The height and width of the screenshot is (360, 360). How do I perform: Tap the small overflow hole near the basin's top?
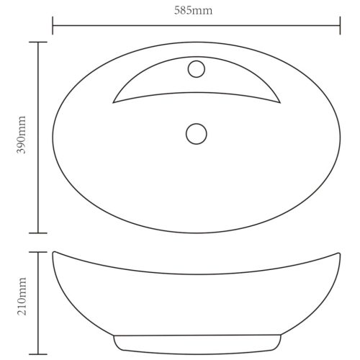tap(196, 70)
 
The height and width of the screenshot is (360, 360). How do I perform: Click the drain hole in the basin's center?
tap(196, 133)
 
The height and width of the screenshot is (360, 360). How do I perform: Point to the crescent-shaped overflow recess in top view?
tap(196, 88)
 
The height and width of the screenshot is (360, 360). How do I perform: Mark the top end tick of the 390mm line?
tap(37, 42)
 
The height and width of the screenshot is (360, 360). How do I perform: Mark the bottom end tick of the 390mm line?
tap(37, 233)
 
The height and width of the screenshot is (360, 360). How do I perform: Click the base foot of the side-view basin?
tap(196, 343)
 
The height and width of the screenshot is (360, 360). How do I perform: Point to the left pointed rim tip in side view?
tap(55, 252)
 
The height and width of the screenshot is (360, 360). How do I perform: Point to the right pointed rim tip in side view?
tap(338, 252)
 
